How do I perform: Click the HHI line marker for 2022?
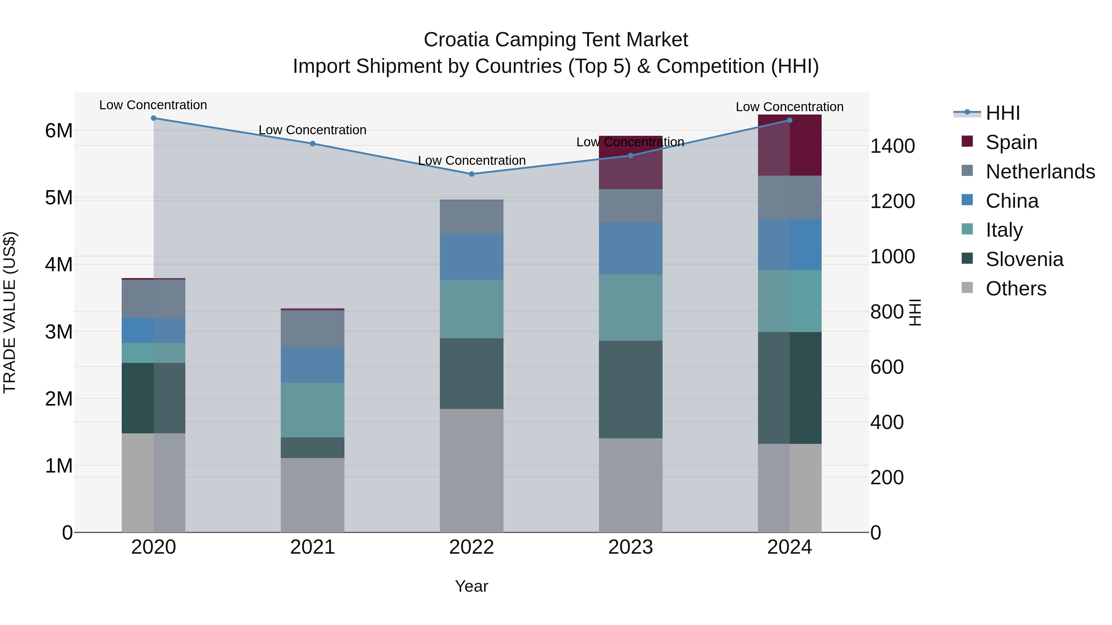[x=471, y=174]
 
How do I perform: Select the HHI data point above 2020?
[x=154, y=118]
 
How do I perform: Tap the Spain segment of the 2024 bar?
[x=790, y=145]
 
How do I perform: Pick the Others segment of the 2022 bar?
[x=471, y=470]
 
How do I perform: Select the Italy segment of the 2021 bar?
[x=313, y=410]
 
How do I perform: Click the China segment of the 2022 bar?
[x=471, y=257]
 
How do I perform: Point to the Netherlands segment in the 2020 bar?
[x=154, y=299]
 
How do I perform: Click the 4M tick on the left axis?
[x=59, y=265]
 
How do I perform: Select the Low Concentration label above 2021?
[x=313, y=130]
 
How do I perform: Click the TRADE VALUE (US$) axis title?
[x=10, y=312]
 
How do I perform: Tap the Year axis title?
[x=471, y=586]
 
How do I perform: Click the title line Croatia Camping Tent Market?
[x=556, y=40]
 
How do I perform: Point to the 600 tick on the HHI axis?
[x=887, y=367]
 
